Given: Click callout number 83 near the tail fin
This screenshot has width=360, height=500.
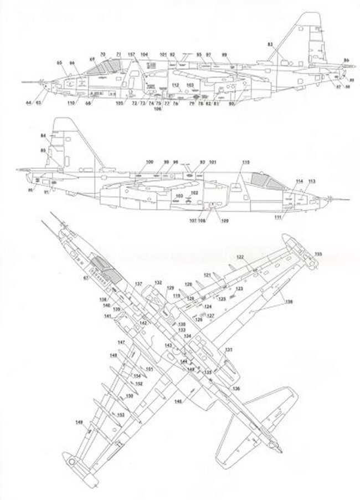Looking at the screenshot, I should pos(270,43).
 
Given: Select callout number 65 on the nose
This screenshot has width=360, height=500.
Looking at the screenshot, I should pos(59,63).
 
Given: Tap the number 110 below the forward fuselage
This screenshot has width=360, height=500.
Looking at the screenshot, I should pos(70,104).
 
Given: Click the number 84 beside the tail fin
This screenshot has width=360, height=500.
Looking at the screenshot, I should pos(44,136).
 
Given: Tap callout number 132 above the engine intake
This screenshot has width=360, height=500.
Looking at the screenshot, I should pos(158,282).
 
